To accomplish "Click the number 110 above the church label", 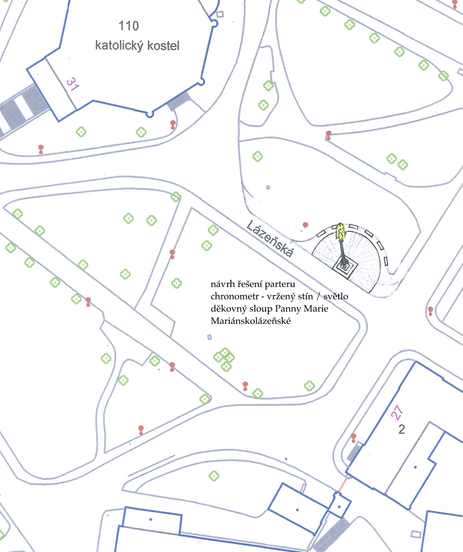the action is [x=128, y=26].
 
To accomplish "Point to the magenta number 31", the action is [x=72, y=84].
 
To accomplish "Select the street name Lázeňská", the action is [x=269, y=239].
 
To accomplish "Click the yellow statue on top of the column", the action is [x=340, y=231].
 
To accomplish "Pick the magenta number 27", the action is [x=397, y=412].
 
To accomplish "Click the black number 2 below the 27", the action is [x=402, y=429].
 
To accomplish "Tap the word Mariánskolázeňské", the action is [x=250, y=321].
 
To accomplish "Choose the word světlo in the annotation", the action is [x=336, y=296].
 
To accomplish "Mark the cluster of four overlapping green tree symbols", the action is [x=224, y=359].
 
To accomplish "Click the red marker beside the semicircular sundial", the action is [x=306, y=225].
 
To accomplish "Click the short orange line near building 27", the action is [x=343, y=484].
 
